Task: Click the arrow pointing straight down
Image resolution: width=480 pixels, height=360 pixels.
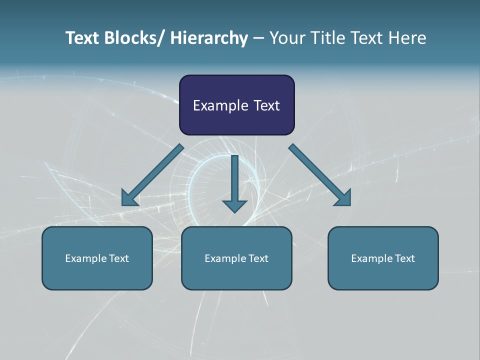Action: coord(234,182)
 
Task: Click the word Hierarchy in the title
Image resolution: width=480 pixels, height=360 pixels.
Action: coord(209,38)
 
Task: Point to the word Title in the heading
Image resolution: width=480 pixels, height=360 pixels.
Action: coord(326,38)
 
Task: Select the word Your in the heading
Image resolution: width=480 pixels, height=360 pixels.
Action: coord(287,38)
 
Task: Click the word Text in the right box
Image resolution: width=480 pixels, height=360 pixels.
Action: coord(404,258)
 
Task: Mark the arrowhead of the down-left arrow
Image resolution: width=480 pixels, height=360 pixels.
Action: coord(129,199)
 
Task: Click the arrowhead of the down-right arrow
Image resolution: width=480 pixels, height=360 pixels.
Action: coord(343,198)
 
